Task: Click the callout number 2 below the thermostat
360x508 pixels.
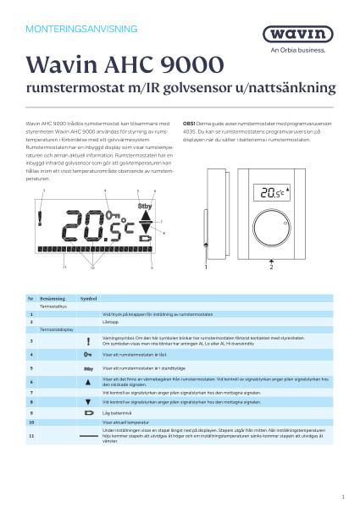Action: [x=271, y=267]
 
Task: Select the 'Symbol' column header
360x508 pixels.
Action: [x=89, y=300]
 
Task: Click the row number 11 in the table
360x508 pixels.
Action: [x=31, y=435]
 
